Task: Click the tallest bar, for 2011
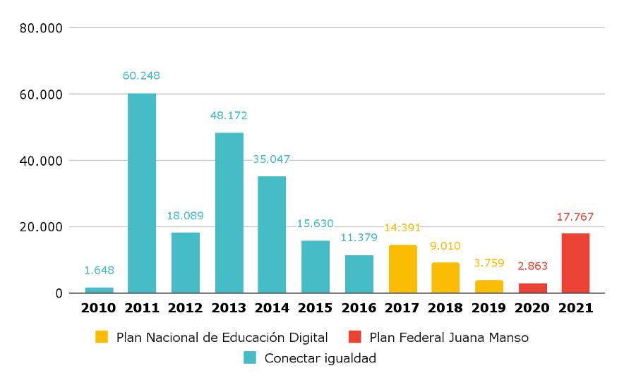142,193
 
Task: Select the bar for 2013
229,213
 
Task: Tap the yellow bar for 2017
403,269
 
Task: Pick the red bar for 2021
575,263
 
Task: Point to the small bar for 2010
100,290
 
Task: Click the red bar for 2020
533,288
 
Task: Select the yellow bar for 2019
489,286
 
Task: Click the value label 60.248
142,75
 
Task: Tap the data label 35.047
272,159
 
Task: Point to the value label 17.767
575,216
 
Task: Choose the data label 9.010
445,246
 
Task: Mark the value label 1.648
100,270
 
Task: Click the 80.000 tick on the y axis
42,28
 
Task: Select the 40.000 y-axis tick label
42,161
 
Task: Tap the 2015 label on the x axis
316,308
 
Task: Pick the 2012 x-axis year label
186,308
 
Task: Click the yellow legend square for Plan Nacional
102,337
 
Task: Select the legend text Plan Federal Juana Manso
449,338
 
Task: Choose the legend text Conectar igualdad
320,358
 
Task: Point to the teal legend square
250,357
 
